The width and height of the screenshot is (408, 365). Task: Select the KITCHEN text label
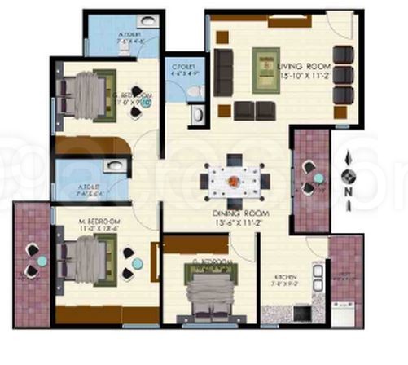coord(285,278)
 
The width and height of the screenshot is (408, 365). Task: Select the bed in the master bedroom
coord(85,262)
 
